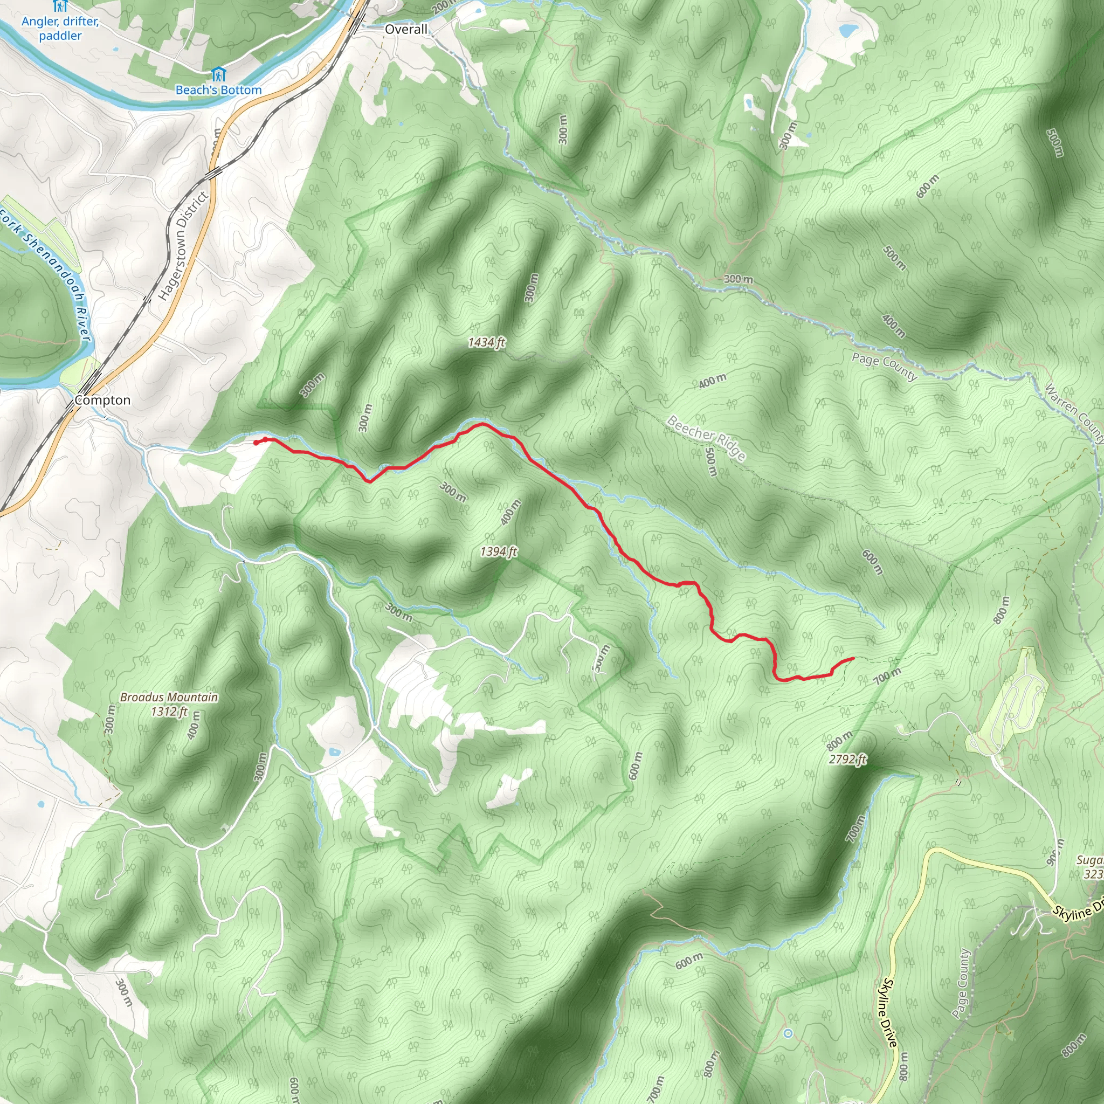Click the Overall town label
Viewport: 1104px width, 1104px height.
tap(406, 29)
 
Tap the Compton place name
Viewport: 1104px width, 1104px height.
tap(103, 400)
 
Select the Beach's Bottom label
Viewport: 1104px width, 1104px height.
tap(218, 89)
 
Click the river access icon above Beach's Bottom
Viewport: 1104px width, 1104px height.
tap(218, 74)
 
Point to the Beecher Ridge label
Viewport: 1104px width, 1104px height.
tap(706, 438)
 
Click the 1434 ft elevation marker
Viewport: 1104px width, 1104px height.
tap(486, 342)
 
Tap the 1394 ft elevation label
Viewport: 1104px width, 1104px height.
tap(498, 551)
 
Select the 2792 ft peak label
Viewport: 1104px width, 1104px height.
tap(847, 759)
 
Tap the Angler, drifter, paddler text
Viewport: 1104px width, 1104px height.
tap(60, 28)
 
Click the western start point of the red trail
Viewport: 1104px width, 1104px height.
tap(256, 441)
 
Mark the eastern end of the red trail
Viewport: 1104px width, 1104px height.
tap(853, 658)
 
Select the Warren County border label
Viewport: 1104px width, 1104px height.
tap(1074, 413)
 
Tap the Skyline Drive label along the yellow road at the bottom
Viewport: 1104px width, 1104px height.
tap(889, 1011)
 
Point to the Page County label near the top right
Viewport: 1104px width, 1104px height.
tap(884, 366)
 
